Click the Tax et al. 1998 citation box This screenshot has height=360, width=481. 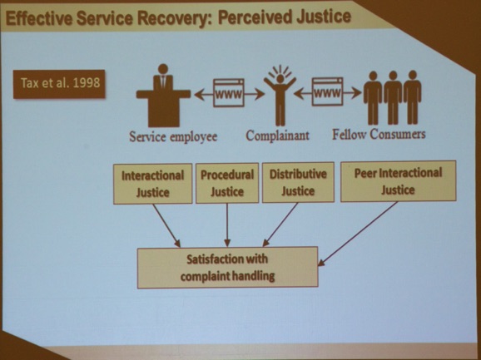click(x=59, y=84)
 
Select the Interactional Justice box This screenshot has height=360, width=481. click(x=153, y=184)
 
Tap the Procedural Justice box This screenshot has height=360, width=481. click(x=227, y=183)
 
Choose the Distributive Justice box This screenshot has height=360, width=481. click(x=298, y=182)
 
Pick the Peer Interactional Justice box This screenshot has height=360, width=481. click(x=398, y=181)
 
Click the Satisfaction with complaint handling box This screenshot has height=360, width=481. click(x=227, y=268)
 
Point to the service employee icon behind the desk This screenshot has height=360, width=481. click(x=163, y=96)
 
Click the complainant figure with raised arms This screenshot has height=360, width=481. click(x=280, y=96)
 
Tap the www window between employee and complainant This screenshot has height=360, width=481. click(x=229, y=93)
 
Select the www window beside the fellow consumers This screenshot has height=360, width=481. click(x=327, y=91)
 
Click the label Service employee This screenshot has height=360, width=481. click(x=173, y=136)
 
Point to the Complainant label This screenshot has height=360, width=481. click(x=278, y=136)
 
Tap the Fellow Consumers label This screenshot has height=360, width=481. click(x=379, y=134)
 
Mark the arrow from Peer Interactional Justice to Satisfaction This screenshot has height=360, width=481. click(x=358, y=234)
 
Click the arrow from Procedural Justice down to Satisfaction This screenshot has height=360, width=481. click(x=227, y=224)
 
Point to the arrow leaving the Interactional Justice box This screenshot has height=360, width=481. click(x=166, y=225)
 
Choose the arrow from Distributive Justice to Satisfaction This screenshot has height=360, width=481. click(x=280, y=224)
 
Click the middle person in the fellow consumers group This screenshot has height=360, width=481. click(x=393, y=98)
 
